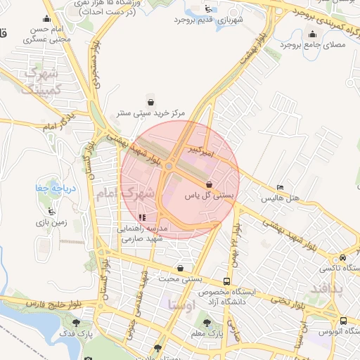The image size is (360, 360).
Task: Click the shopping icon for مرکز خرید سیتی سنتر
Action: tap(149, 102)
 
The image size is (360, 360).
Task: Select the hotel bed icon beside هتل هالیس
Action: tap(281, 188)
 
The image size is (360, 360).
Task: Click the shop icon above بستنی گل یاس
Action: tap(208, 184)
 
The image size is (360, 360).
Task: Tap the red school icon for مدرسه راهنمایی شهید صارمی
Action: tap(143, 218)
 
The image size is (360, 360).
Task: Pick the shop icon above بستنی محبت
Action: tap(181, 268)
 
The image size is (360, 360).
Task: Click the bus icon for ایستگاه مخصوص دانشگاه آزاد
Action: tap(226, 279)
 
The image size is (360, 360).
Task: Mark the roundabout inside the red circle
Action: tap(170, 166)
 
